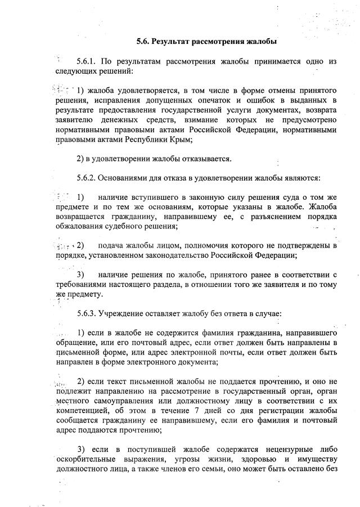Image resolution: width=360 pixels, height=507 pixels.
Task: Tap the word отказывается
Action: pos(202,158)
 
